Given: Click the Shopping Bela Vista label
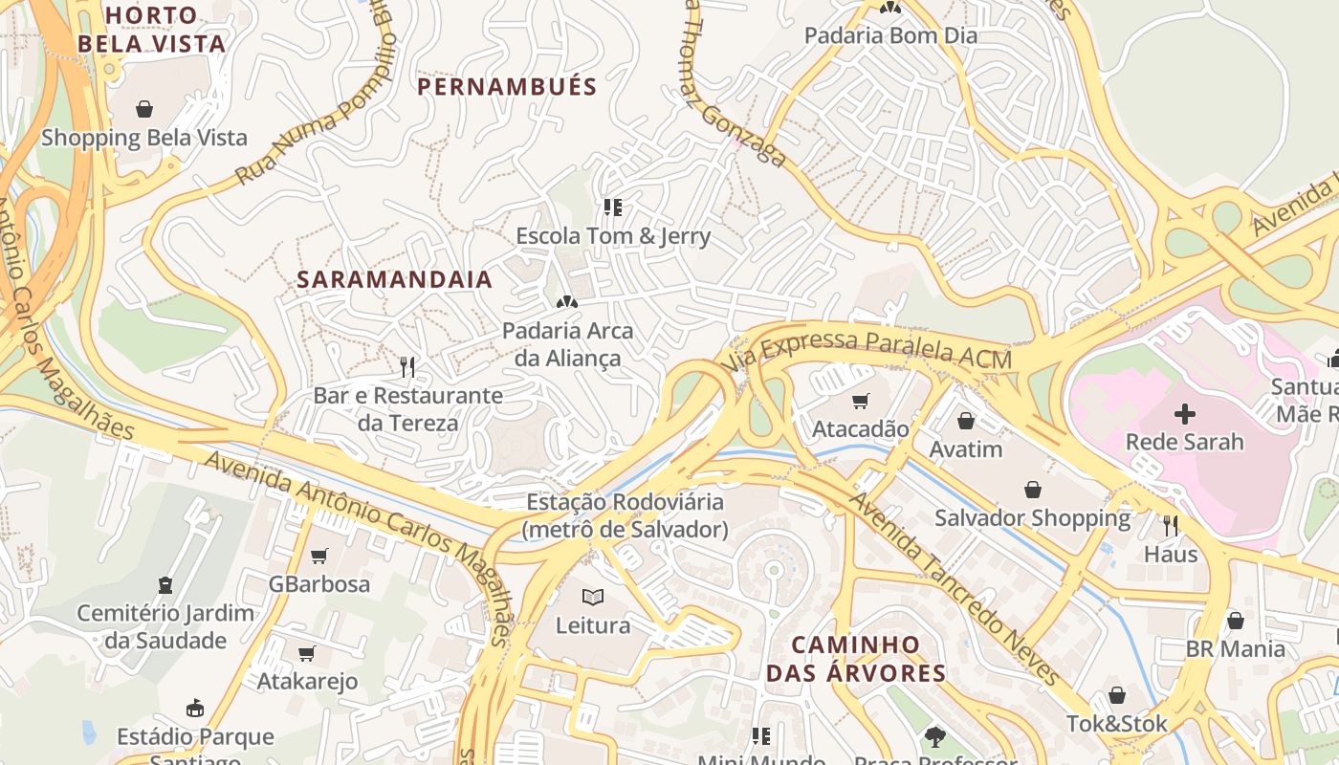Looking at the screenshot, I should [143, 138].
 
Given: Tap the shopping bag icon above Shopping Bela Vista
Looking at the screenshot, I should [144, 109].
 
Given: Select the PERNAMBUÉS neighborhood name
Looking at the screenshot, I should [507, 87].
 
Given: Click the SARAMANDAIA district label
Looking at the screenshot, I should [395, 279].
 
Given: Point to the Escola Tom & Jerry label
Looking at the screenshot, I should [613, 235].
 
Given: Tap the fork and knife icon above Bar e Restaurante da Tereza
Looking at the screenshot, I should [407, 366].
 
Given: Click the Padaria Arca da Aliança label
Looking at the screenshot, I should [568, 344].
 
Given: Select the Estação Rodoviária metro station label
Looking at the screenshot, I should [626, 515].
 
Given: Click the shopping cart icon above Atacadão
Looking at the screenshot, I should [861, 402].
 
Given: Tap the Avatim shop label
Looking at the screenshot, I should [966, 448].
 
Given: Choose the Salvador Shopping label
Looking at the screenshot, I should [1032, 518].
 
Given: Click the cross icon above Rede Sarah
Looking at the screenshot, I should [1184, 414].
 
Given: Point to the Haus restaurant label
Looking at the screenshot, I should [1171, 554].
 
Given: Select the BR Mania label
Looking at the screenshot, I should [1236, 648].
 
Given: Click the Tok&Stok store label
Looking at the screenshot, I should [1117, 724].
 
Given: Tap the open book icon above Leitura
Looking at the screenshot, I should [593, 598].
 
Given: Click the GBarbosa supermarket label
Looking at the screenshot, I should [318, 583].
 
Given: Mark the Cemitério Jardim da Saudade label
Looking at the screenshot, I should [165, 626].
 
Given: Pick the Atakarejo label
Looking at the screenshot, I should [307, 681].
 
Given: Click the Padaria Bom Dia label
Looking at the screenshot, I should [890, 36].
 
